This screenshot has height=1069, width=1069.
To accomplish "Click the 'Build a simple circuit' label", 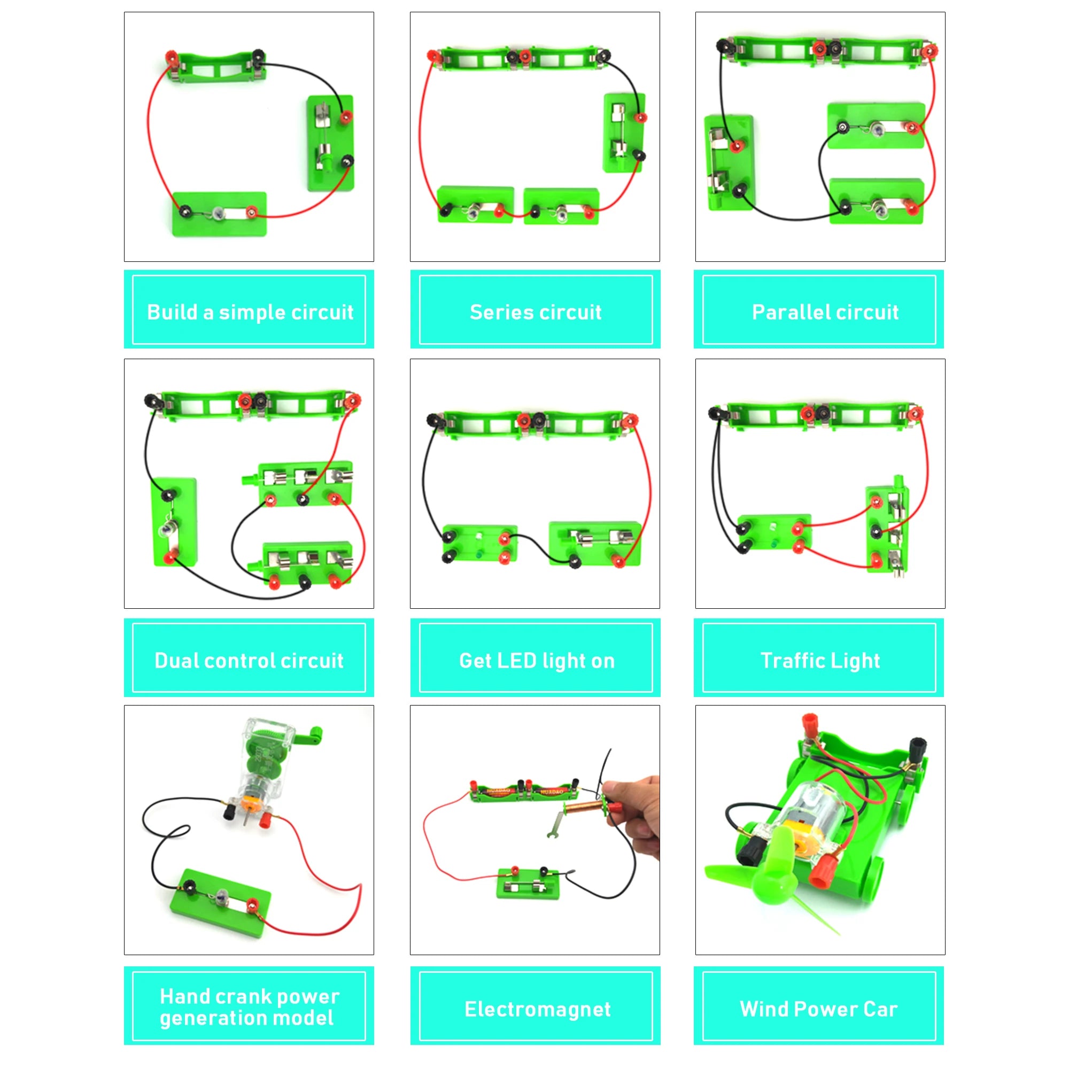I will point(250,312).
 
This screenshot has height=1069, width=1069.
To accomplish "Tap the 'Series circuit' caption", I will point(535,312).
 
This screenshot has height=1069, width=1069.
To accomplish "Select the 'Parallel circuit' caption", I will point(824,312).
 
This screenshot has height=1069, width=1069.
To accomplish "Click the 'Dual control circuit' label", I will point(249,660).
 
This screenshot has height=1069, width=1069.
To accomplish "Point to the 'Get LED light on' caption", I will point(536,660).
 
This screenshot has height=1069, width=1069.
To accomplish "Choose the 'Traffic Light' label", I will point(819,660).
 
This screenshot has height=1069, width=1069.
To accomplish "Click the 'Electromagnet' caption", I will point(537,1009).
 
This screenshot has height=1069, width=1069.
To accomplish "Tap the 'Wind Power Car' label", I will point(818,1009).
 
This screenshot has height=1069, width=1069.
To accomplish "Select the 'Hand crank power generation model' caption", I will point(249,1007).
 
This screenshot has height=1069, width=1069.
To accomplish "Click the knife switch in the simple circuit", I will point(330,141).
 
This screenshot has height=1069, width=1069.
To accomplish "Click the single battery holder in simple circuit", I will point(217,66).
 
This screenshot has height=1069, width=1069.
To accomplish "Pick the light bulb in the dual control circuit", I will point(166,530).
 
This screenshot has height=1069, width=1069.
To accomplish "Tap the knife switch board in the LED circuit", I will point(595,544).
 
